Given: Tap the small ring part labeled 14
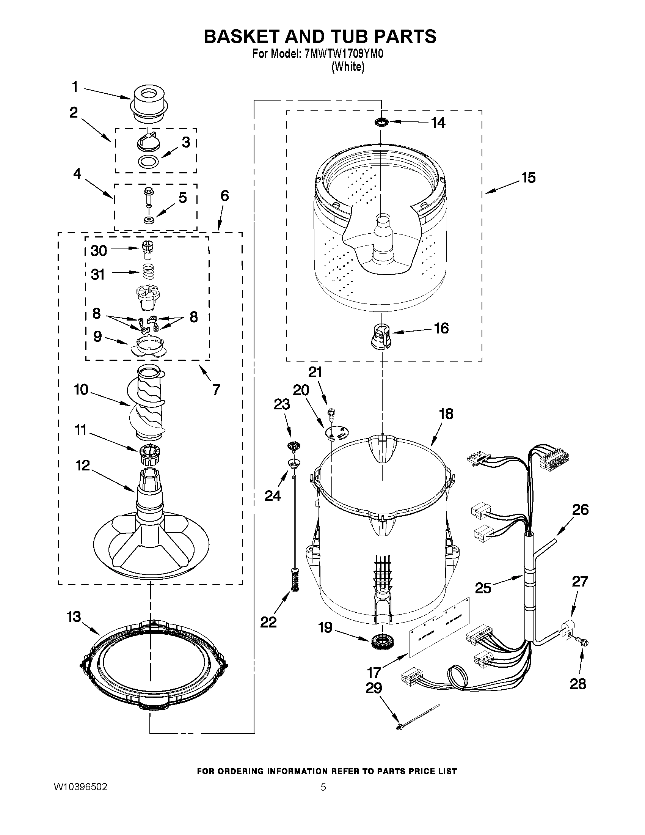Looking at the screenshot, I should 381,122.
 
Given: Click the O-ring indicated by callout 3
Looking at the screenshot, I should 148,162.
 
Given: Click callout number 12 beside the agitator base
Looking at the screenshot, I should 83,465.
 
